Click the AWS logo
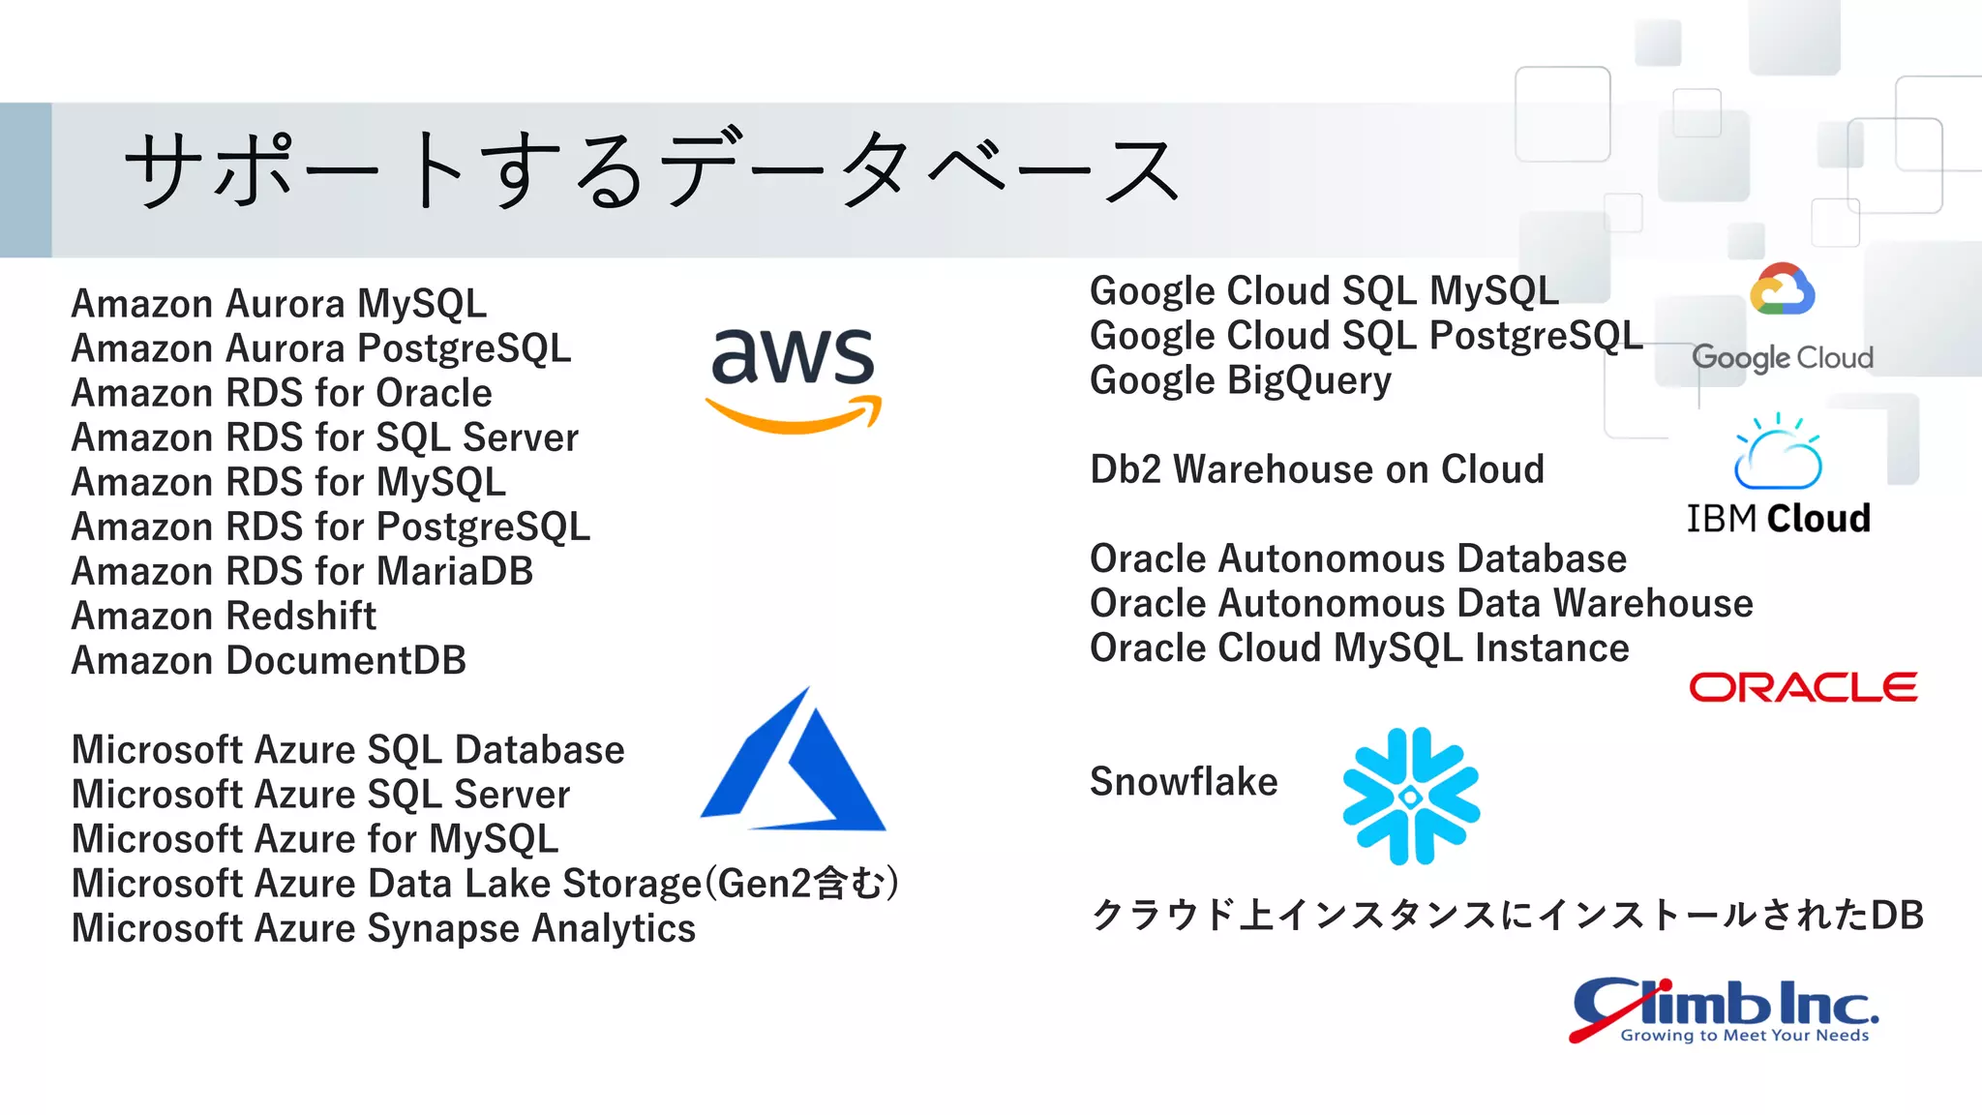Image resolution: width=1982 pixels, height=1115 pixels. point(793,377)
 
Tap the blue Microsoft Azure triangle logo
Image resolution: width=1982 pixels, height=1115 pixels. point(794,765)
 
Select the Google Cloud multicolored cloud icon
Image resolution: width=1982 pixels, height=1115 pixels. point(1782,289)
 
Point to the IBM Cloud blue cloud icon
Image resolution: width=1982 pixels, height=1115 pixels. point(1778,453)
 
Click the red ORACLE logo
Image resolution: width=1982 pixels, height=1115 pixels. point(1803,687)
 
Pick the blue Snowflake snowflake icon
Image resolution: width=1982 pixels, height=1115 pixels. point(1411,796)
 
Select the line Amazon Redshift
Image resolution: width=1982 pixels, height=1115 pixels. point(224,616)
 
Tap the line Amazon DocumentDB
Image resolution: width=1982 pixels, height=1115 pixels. point(269,660)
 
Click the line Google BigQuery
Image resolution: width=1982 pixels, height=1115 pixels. point(1240,380)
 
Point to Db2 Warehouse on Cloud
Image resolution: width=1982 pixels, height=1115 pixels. point(1316,469)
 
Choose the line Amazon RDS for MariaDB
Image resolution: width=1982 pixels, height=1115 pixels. point(302,571)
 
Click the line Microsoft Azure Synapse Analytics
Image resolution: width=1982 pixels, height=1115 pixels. point(383,928)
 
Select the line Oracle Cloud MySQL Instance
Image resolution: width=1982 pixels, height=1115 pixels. point(1359,648)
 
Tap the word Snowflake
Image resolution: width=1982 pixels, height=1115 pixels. point(1184,781)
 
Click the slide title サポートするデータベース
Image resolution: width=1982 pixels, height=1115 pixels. point(650,171)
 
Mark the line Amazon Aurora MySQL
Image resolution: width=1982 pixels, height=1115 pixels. point(279,304)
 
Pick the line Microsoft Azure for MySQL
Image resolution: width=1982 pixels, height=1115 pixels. point(315,839)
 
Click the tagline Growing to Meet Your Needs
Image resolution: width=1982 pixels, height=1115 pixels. point(1745,1036)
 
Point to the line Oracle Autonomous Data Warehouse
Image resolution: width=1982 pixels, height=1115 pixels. point(1421,603)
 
